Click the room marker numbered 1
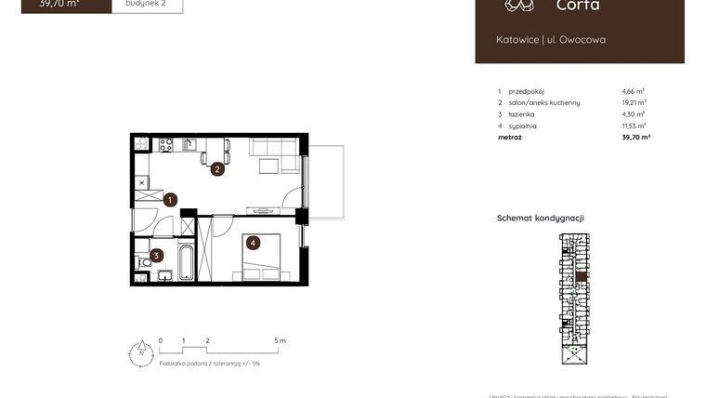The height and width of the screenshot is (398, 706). [171, 199]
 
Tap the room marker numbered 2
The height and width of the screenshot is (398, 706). [216, 169]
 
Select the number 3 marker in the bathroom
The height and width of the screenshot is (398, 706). [157, 255]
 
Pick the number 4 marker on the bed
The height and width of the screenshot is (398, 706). [252, 244]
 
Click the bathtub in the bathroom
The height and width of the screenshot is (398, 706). [185, 261]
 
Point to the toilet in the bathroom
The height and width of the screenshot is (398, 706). [143, 263]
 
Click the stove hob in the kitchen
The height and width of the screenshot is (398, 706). [166, 144]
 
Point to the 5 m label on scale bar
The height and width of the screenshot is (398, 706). [281, 341]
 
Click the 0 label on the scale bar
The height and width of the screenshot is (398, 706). [161, 341]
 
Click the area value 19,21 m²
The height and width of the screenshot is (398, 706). [634, 102]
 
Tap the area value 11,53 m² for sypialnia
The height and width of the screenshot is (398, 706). [634, 126]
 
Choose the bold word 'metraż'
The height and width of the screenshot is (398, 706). [509, 137]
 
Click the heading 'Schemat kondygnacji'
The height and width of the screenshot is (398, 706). [540, 218]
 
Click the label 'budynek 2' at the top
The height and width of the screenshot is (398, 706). [147, 4]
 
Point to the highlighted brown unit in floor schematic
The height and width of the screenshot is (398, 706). [582, 276]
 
